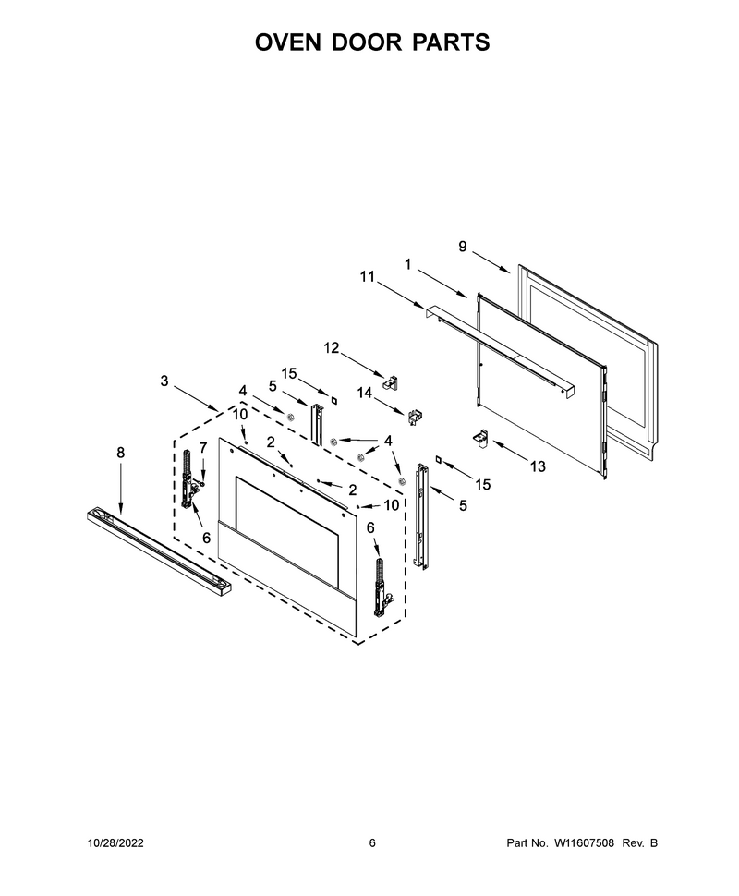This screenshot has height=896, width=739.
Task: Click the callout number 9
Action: pos(463,247)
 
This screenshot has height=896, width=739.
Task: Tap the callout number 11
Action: pos(367,276)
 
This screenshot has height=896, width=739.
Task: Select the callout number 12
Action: pos(332,348)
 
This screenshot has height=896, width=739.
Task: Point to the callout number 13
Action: pos(538,466)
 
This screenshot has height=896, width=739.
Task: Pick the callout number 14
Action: pos(364,393)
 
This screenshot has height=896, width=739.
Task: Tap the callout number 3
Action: pos(164,381)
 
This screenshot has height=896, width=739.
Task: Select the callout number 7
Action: pos(203,447)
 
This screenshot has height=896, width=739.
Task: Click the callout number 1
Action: pos(408,264)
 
